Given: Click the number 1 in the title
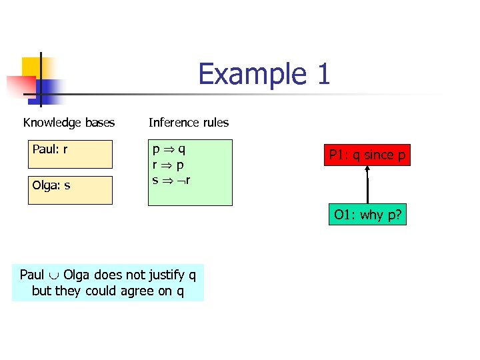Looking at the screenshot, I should [x=323, y=74].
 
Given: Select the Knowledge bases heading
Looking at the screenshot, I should [x=69, y=123].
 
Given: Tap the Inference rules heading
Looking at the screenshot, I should [x=189, y=123].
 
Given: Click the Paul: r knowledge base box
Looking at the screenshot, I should [x=70, y=154].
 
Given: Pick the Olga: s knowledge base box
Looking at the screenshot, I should [x=70, y=189].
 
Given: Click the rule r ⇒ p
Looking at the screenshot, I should [x=169, y=164].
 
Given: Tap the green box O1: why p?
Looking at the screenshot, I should [x=367, y=215].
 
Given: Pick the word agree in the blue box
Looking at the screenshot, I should [x=133, y=291].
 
